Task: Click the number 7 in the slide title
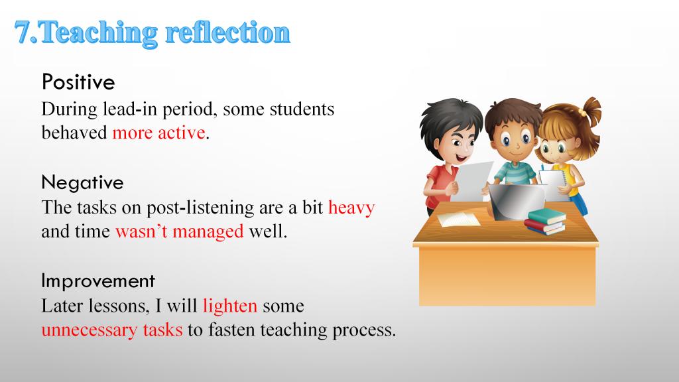pyautogui.click(x=23, y=32)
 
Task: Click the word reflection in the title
pyautogui.click(x=228, y=32)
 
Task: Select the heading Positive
pyautogui.click(x=78, y=82)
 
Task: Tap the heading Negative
pyautogui.click(x=82, y=183)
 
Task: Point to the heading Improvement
pyautogui.click(x=98, y=281)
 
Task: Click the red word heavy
pyautogui.click(x=351, y=208)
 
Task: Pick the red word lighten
pyautogui.click(x=230, y=306)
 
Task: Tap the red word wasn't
pyautogui.click(x=141, y=231)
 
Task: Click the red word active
pyautogui.click(x=182, y=133)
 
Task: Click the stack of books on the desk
pyautogui.click(x=546, y=221)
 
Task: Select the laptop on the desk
pyautogui.click(x=517, y=201)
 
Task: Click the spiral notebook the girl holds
pyautogui.click(x=553, y=184)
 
